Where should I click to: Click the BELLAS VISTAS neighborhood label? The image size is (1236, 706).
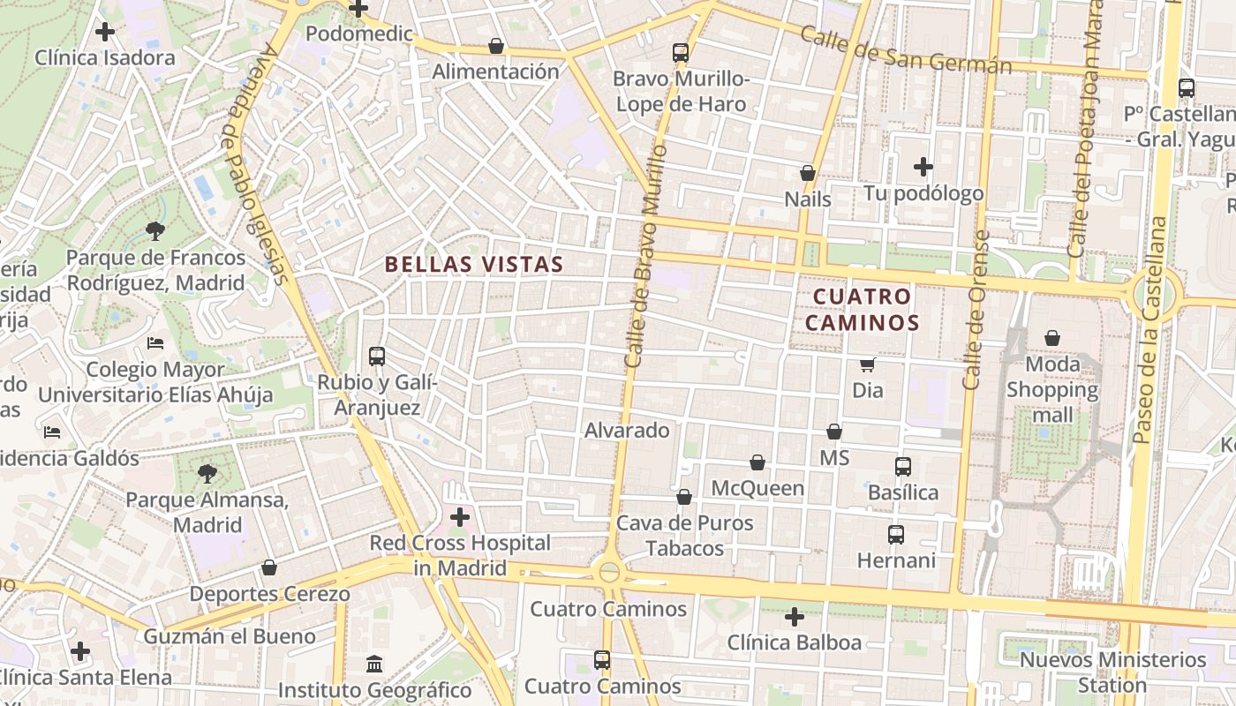click(x=474, y=264)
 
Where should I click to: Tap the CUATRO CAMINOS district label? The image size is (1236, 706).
click(x=862, y=310)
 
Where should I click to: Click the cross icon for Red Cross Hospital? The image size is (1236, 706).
click(x=460, y=517)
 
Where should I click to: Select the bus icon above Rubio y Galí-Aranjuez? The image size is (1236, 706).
click(x=377, y=357)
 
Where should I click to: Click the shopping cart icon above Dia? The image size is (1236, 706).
click(x=868, y=364)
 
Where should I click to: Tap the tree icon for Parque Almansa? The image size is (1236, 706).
click(x=207, y=475)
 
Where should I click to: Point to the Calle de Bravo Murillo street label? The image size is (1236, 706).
click(x=645, y=256)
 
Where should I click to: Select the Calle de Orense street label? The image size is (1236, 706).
click(x=975, y=311)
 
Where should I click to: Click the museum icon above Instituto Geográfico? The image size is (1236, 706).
click(x=374, y=664)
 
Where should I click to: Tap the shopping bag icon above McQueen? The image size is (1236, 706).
click(x=757, y=462)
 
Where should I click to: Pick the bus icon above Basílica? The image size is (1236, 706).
click(x=903, y=467)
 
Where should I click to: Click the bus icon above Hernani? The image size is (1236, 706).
click(x=896, y=535)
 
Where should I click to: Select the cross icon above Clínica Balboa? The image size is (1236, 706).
click(x=795, y=617)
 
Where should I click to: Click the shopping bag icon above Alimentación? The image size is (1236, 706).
click(x=496, y=46)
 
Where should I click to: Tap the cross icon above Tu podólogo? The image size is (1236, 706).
click(x=923, y=167)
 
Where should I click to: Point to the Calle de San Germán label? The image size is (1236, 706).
click(x=905, y=51)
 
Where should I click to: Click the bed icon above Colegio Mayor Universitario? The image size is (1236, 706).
click(x=155, y=343)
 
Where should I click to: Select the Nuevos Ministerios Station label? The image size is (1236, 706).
click(x=1112, y=672)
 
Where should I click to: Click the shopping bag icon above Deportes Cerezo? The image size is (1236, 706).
click(x=269, y=567)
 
